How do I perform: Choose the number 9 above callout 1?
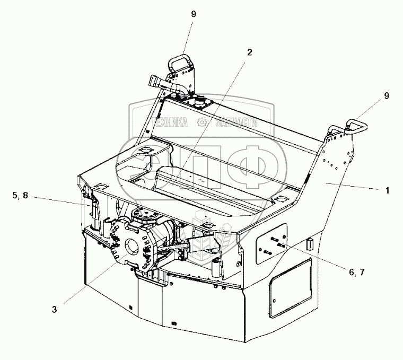[387, 96]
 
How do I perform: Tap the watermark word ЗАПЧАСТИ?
[236, 123]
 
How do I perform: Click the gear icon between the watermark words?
[202, 123]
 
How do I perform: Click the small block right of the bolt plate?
[311, 244]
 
